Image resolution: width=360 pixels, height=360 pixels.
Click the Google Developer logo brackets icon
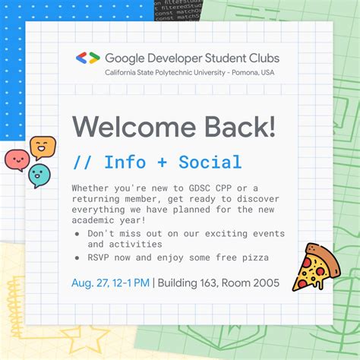pos(87,58)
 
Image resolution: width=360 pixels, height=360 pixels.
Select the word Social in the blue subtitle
pos(210,162)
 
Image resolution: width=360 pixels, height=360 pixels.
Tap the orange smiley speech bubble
pos(43,146)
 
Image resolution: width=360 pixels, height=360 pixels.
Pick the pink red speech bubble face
pos(17,159)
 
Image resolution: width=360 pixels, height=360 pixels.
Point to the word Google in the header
pos(122,58)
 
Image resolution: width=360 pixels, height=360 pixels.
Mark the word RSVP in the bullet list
pos(99,257)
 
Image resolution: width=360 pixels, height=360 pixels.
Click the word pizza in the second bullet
pos(253,257)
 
